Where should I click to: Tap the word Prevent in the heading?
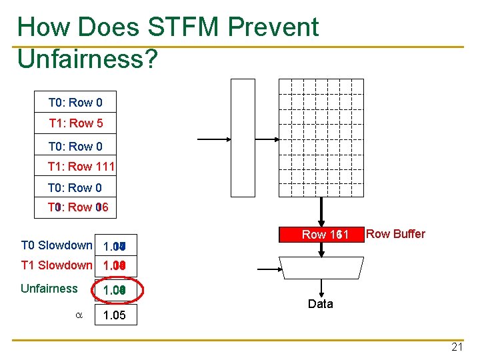(x=273, y=27)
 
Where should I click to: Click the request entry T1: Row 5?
(x=76, y=123)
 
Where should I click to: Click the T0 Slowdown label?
(x=57, y=245)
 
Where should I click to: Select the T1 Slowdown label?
(x=57, y=265)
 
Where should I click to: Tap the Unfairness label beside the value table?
(x=49, y=289)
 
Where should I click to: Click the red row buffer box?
(x=321, y=235)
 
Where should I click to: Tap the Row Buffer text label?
(x=396, y=234)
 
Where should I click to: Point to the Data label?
(x=320, y=304)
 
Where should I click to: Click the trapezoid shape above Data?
(x=320, y=267)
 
